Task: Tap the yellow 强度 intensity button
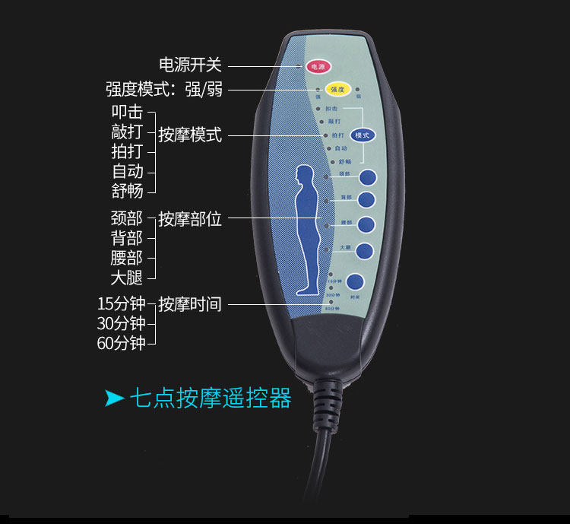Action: point(337,90)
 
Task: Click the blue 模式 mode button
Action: point(363,135)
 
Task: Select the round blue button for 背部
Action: point(367,200)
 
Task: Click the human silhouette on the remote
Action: point(308,229)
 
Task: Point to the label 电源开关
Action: point(190,65)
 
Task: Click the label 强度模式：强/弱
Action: point(164,90)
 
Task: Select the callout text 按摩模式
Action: point(190,135)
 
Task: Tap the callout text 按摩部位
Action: point(190,220)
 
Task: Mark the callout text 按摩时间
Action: point(190,304)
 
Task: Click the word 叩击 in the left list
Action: point(127,112)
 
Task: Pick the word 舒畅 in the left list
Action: point(127,190)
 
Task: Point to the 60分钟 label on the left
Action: point(121,343)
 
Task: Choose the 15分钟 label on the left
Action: point(121,303)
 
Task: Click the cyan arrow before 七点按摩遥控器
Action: point(114,398)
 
